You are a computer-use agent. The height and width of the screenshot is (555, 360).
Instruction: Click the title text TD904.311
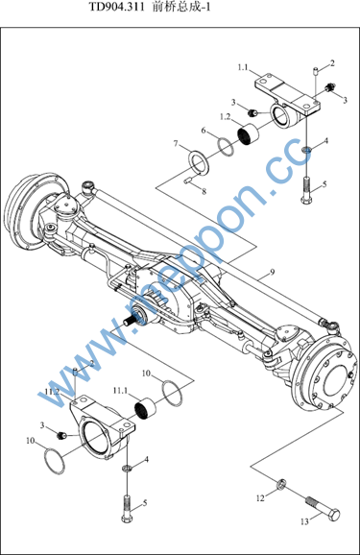click(116, 7)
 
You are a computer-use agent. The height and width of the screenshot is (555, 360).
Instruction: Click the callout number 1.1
click(243, 67)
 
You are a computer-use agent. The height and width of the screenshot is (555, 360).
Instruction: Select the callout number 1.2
click(226, 117)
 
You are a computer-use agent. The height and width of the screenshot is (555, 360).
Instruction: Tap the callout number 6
click(204, 131)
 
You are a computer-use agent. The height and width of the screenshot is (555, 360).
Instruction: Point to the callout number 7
click(176, 143)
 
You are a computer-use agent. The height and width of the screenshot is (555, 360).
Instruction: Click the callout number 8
click(204, 191)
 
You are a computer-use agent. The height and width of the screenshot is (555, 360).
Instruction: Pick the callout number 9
click(272, 272)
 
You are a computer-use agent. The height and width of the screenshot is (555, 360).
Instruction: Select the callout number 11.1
click(120, 391)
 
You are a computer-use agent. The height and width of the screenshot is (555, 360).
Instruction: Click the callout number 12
click(260, 498)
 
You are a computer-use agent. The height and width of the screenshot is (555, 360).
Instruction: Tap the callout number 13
click(304, 521)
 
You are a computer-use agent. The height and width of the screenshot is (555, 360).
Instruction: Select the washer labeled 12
click(281, 484)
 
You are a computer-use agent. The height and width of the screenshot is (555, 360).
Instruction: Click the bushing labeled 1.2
click(248, 134)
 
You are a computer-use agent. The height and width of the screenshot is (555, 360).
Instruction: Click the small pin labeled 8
click(187, 181)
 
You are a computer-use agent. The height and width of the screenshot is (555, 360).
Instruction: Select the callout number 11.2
click(52, 392)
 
